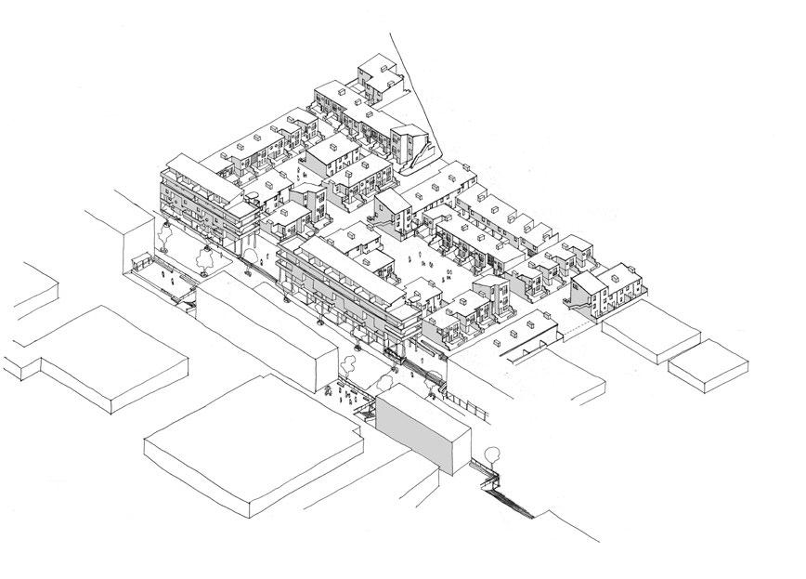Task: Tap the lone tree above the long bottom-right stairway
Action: point(492,455)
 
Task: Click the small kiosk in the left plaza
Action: point(144,263)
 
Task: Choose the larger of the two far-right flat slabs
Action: point(650,330)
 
